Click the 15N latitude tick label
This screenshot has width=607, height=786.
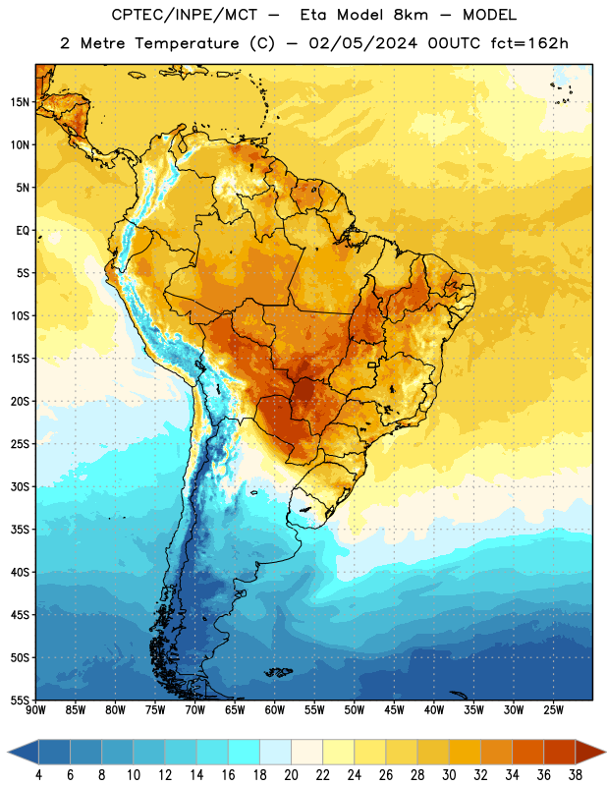20,102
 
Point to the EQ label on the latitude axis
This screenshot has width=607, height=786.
23,231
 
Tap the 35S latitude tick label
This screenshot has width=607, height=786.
20,530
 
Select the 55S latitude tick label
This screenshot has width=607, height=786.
20,700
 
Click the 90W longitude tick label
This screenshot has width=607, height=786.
35,710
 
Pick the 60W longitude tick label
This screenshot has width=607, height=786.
275,710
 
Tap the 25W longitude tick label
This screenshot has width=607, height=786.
553,710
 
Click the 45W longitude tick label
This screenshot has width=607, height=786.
394,710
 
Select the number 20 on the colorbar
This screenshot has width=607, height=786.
291,775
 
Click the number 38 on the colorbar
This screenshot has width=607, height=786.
576,775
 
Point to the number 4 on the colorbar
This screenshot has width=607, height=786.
38,775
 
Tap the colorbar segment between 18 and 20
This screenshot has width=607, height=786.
276,753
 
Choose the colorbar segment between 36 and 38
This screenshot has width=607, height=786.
560,753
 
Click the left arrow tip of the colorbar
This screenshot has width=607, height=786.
8,753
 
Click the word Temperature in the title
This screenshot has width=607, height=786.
187,43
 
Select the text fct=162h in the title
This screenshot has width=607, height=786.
529,43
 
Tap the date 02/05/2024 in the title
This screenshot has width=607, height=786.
362,43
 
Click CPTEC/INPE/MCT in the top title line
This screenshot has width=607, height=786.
185,15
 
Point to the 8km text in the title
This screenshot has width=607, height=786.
411,15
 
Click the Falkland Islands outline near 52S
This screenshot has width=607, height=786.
279,672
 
